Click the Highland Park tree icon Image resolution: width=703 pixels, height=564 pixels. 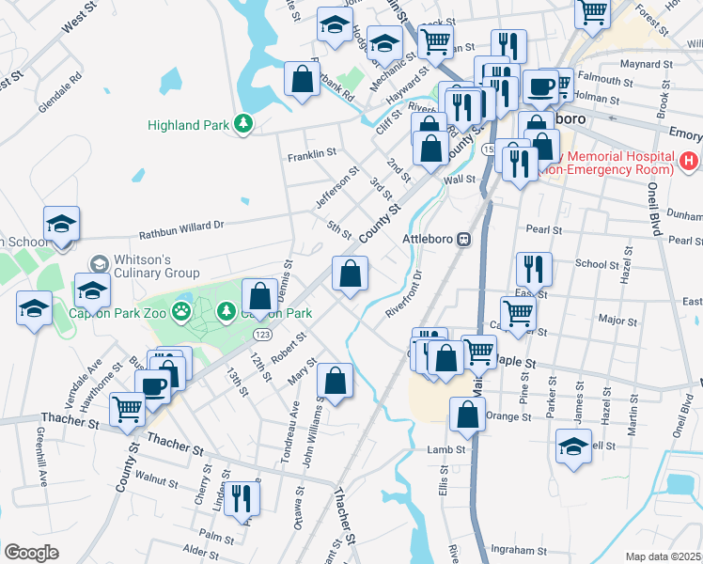click(243, 124)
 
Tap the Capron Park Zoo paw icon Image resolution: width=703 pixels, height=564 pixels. click(183, 310)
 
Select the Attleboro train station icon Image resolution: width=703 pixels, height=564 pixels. click(463, 239)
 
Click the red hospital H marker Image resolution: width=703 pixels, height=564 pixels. click(689, 161)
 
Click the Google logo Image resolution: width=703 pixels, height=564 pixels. click(32, 553)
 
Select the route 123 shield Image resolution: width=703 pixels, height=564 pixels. click(262, 335)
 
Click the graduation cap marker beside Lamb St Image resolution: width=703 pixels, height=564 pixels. click(573, 446)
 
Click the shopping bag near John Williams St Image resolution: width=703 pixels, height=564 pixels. click(335, 380)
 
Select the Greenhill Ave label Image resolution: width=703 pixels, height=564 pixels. click(41, 466)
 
